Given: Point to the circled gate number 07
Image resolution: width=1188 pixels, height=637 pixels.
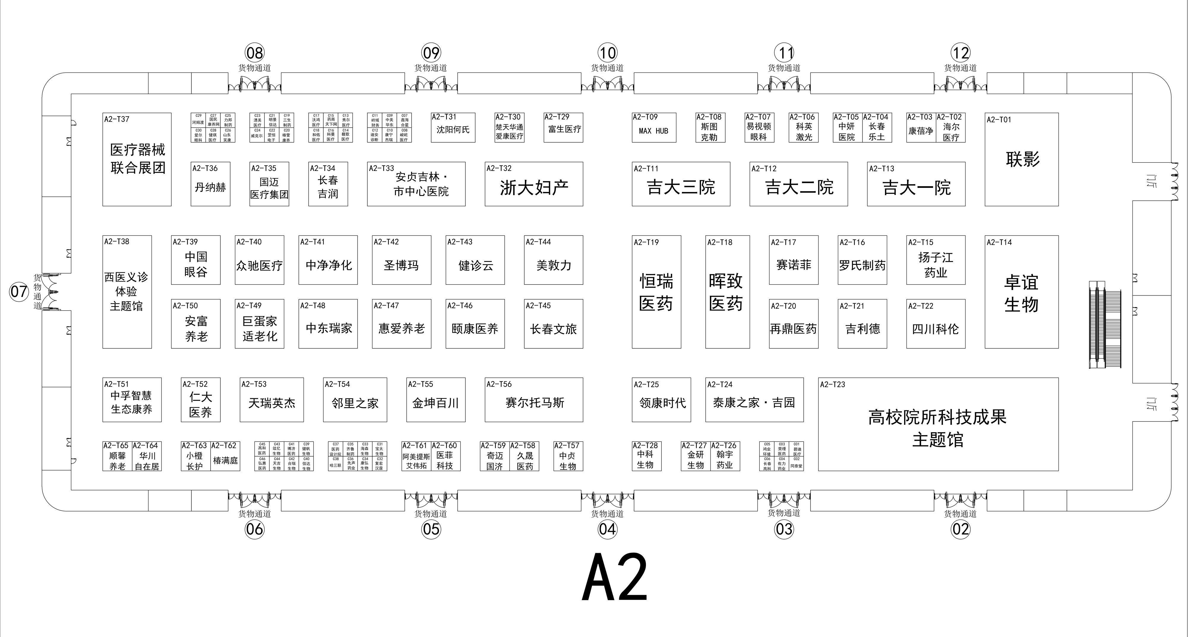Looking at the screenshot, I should click(x=19, y=292).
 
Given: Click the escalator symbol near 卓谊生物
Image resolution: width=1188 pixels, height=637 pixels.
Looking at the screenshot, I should click(x=1105, y=325).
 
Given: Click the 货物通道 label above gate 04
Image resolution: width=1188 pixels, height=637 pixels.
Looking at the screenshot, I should click(x=607, y=514).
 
